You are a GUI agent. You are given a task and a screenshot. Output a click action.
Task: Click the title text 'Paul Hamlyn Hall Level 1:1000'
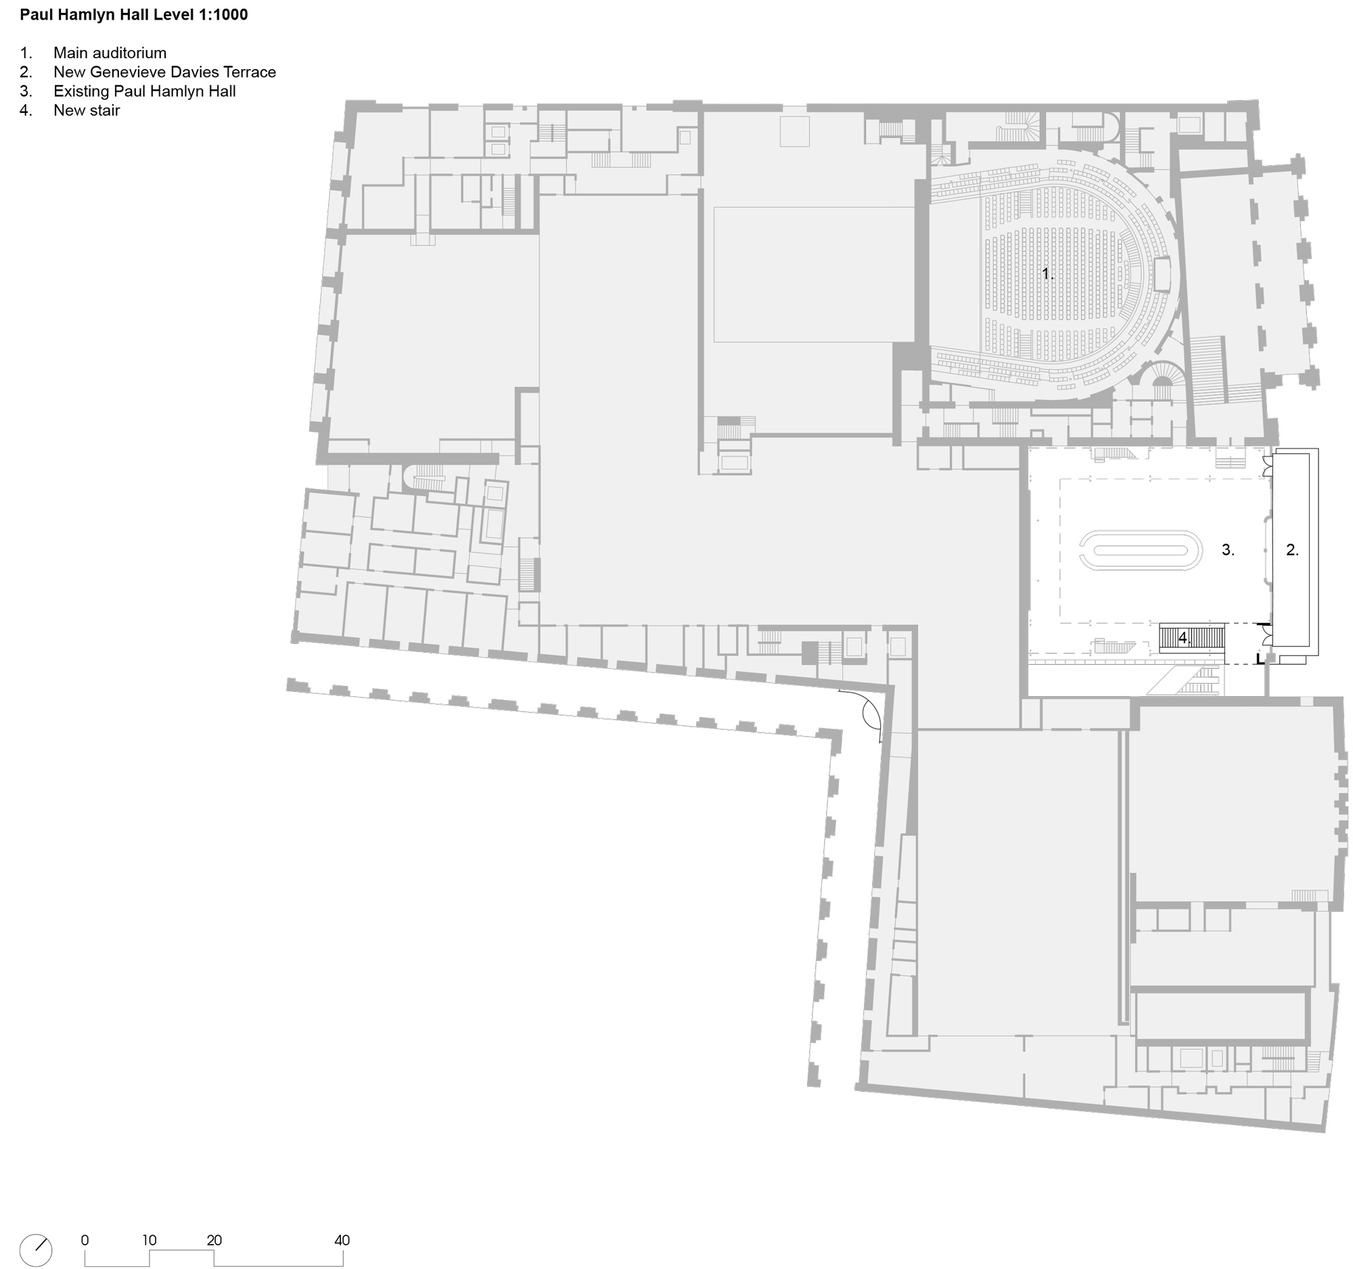(134, 15)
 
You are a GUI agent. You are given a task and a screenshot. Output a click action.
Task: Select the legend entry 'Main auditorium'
(110, 53)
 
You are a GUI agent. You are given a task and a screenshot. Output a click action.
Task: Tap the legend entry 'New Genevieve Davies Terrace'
(164, 72)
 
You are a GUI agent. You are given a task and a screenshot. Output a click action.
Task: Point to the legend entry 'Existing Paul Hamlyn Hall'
(144, 91)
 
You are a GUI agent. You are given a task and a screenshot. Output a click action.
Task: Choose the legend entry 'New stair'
(87, 110)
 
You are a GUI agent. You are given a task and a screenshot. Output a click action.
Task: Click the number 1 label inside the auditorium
(1047, 274)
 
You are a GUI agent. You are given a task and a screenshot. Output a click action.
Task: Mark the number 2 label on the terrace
(1292, 551)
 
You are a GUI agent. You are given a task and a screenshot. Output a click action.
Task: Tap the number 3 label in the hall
(1228, 551)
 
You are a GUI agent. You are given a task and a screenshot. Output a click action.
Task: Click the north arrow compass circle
(35, 1251)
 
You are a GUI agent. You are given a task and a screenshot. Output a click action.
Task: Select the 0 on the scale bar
(85, 1241)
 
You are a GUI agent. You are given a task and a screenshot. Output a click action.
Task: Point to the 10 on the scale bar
(149, 1241)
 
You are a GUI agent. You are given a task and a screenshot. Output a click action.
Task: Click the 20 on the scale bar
(214, 1241)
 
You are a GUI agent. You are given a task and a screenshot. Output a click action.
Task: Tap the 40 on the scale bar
(342, 1241)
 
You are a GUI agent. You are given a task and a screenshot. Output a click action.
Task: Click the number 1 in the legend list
(26, 53)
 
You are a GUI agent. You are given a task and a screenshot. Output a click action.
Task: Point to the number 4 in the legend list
(26, 110)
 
